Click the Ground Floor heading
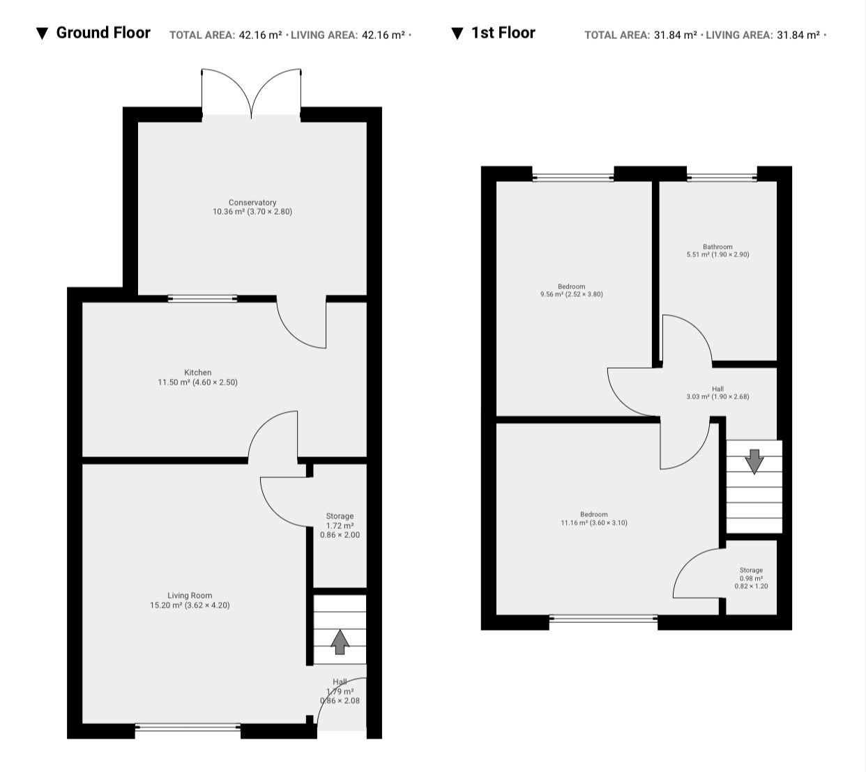103,33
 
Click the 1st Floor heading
503,33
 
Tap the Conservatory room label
252,207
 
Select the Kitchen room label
197,377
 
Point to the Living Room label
190,601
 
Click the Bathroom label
717,250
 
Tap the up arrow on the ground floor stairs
340,642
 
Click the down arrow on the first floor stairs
754,461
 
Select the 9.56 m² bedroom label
572,290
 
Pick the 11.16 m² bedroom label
593,518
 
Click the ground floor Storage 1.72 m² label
340,525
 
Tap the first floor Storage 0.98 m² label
751,578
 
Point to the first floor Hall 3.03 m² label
717,393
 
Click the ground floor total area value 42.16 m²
260,35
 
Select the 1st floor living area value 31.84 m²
798,35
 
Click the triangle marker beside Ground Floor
42,33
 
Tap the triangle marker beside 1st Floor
457,33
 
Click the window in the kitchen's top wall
203,299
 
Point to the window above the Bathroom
722,178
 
